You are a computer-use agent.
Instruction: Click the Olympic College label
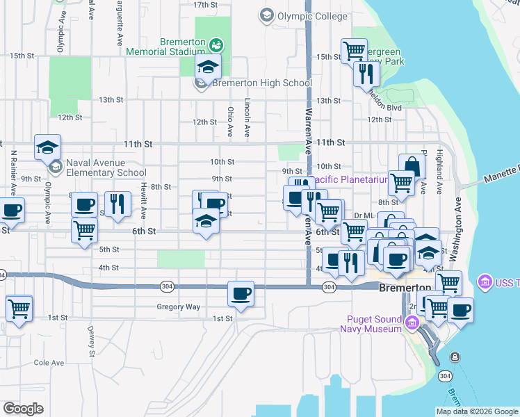coord(303,15)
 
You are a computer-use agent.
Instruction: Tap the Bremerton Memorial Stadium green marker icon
coord(218,46)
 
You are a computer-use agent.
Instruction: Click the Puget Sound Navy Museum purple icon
coord(412,322)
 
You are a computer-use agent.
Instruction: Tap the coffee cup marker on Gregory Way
coord(241,293)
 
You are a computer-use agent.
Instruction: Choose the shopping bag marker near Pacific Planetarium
coord(412,166)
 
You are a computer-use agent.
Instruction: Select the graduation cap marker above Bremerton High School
coord(207,68)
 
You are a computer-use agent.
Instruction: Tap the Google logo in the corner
coord(23,408)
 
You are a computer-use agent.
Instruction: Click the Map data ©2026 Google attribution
coord(476,411)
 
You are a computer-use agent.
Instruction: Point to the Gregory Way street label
coord(178,306)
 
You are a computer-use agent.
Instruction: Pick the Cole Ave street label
coord(49,362)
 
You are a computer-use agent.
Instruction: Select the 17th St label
coord(206,5)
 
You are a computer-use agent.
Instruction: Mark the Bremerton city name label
coord(405,288)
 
